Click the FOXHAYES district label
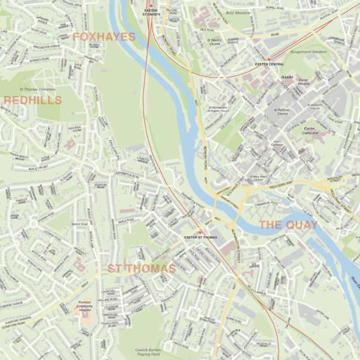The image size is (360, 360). [104, 37]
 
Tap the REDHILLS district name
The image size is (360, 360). [28, 101]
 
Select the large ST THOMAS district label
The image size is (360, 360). [142, 268]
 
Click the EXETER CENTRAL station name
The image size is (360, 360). [269, 64]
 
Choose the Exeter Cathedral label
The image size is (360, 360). [310, 131]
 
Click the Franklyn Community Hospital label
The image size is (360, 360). [88, 307]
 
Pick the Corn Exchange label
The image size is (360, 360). [260, 144]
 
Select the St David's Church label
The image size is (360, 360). [215, 43]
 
